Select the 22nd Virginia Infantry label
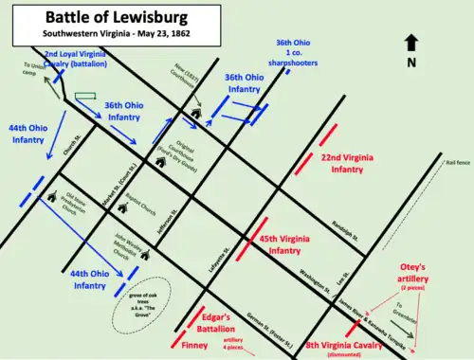[344, 162]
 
